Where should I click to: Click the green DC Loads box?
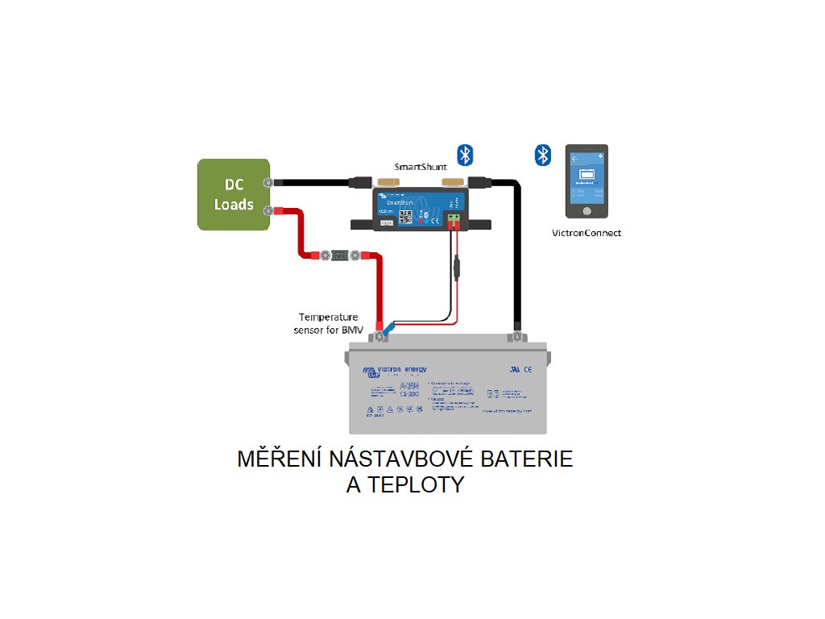234,194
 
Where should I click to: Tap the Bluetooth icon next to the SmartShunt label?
465,155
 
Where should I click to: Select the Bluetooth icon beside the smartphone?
544,155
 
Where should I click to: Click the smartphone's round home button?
587,210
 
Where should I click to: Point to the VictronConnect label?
587,233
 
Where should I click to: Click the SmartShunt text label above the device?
421,167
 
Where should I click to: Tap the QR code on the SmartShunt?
408,217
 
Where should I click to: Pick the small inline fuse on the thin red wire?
457,264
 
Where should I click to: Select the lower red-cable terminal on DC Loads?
268,211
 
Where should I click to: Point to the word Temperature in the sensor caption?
328,317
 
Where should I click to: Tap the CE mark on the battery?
526,370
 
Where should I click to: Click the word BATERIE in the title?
527,459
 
